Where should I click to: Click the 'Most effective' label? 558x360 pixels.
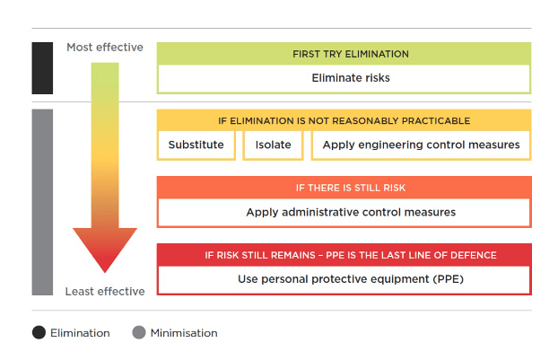click(104, 47)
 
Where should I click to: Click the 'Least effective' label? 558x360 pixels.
click(104, 291)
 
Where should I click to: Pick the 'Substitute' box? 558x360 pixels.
click(197, 145)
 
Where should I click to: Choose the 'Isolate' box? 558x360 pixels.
click(267, 145)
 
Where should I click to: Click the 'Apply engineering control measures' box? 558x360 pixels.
click(421, 145)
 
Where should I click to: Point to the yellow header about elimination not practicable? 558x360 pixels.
click(344, 120)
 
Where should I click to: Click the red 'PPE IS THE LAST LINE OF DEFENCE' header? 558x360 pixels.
click(344, 255)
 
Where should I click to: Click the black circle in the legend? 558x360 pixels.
click(39, 333)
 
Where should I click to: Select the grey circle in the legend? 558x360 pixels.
click(138, 333)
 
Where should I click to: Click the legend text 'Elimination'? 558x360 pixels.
click(80, 333)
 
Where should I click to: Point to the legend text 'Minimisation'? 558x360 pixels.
click(183, 333)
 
